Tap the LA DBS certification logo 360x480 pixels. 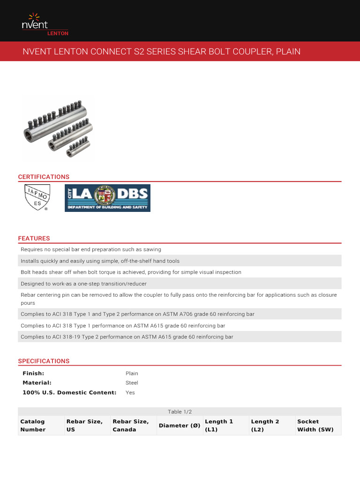point(107,198)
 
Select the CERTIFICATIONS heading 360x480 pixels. point(44,177)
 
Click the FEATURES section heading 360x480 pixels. point(34,239)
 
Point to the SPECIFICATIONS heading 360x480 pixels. point(44,361)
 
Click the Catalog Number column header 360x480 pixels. point(33,426)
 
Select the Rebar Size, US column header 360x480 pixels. point(84,426)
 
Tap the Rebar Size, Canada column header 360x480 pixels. point(131,426)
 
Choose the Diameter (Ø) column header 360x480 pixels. point(180,426)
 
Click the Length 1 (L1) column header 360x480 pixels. point(219,426)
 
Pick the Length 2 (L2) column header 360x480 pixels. point(265,426)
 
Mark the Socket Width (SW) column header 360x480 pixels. point(315,426)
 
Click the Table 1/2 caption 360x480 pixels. point(180,412)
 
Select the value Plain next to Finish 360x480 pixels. point(132,374)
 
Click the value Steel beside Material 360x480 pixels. point(132,383)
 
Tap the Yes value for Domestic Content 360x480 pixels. point(130,392)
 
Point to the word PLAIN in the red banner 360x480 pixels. point(288,51)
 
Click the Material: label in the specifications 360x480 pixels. point(37,383)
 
